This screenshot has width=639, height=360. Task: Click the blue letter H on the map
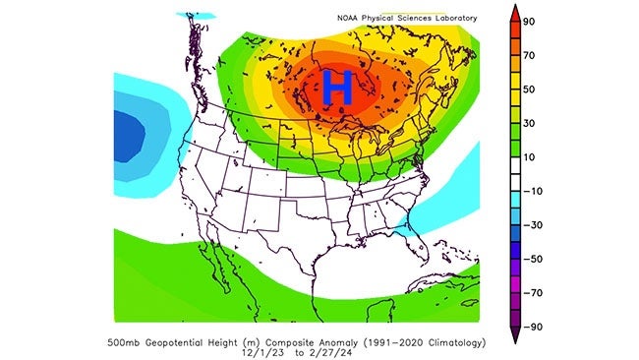tap(338, 88)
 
